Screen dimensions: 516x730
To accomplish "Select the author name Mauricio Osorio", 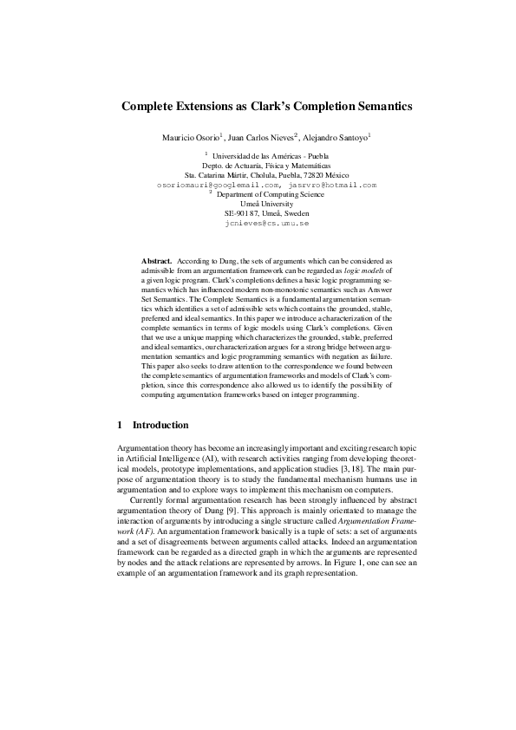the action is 191,137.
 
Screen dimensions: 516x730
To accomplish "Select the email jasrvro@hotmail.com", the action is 334,185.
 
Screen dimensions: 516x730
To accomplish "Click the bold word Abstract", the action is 157,260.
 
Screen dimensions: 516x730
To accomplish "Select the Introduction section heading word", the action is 160,426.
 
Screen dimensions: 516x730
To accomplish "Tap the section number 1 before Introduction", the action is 120,426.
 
